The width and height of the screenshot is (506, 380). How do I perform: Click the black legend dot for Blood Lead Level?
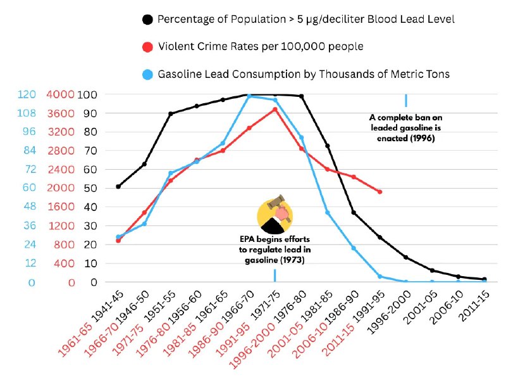(x=147, y=20)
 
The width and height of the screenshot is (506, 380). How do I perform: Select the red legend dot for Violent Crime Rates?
(x=147, y=47)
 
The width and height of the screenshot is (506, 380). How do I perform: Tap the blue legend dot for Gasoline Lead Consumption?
(x=147, y=75)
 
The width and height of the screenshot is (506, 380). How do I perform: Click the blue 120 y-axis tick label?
(x=26, y=95)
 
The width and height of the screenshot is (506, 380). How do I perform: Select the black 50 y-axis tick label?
(x=92, y=189)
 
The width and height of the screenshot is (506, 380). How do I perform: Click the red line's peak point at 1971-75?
(x=275, y=109)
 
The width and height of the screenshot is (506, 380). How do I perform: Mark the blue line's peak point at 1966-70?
(x=249, y=96)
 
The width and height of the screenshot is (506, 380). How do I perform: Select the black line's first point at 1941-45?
(x=118, y=186)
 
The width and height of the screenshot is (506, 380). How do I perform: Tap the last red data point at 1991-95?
(x=379, y=191)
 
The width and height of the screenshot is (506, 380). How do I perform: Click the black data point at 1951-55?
(x=171, y=114)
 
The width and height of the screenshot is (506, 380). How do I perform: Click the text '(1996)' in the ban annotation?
(x=421, y=139)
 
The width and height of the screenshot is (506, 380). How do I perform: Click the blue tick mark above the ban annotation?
(x=405, y=100)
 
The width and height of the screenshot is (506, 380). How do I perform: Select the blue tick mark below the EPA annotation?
(x=275, y=275)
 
